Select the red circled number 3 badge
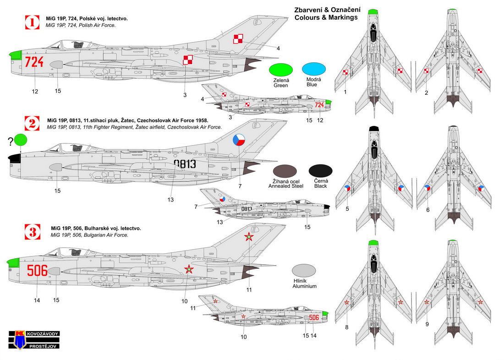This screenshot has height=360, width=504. pos(33,232)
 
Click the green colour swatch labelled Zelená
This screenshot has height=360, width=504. pos(281,69)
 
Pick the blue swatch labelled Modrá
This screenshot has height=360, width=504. pos(314,69)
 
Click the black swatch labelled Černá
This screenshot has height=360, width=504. pos(321,171)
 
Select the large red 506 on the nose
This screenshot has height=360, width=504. pos(37,271)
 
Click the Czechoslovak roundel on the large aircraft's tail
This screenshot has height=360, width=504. pos(239,140)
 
